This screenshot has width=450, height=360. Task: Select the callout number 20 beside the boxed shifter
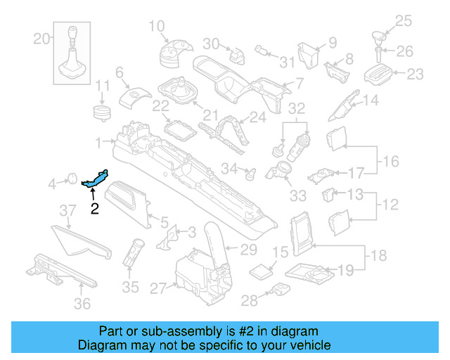click(x=41, y=37)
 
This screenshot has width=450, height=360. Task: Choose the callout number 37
click(x=67, y=210)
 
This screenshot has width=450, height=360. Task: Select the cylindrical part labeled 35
click(x=132, y=252)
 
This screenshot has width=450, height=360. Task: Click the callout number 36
click(x=82, y=304)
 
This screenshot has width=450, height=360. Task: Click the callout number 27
click(x=157, y=287)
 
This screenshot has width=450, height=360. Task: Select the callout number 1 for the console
click(x=98, y=141)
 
